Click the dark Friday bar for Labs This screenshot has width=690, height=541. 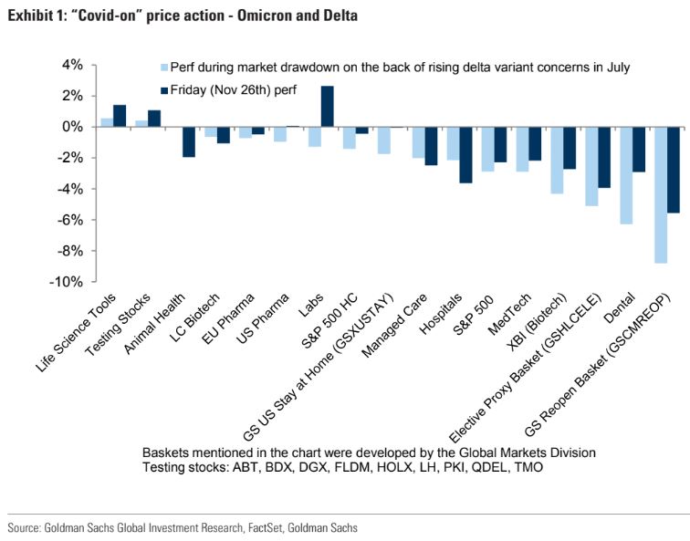(327, 107)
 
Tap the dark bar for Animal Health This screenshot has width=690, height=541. (189, 142)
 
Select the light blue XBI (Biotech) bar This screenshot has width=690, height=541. (557, 161)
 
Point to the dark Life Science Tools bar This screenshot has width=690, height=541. (119, 116)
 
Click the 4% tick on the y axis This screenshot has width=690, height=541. (70, 65)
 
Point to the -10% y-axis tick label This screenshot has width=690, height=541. (66, 282)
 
